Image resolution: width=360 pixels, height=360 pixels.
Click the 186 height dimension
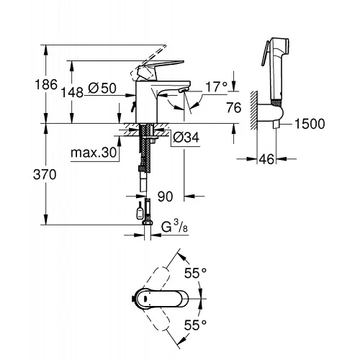pyautogui.click(x=46, y=84)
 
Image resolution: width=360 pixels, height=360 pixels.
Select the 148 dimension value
pyautogui.click(x=72, y=92)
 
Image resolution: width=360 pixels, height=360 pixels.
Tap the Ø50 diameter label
pyautogui.click(x=102, y=88)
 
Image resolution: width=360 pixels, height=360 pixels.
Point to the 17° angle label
pyautogui.click(x=216, y=87)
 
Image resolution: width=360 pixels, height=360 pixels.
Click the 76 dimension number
pyautogui.click(x=233, y=107)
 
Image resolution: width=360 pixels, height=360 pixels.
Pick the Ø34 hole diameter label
pyautogui.click(x=186, y=138)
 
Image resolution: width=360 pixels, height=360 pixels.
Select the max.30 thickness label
pyautogui.click(x=94, y=153)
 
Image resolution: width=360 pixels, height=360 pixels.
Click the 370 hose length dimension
pyautogui.click(x=45, y=174)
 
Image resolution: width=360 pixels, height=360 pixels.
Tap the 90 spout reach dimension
pyautogui.click(x=165, y=197)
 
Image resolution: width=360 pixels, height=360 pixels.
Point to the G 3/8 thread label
pyautogui.click(x=174, y=227)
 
